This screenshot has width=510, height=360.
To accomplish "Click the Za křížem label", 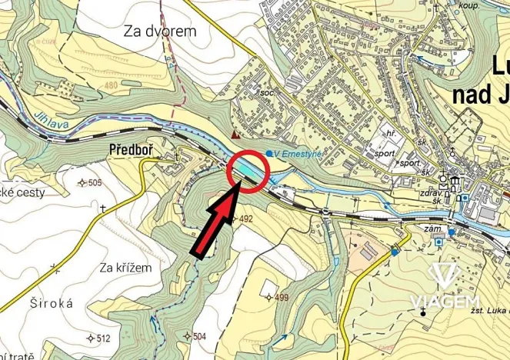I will coord(125,267).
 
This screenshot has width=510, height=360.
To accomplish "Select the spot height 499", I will coord(281,298).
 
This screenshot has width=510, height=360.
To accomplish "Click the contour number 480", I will coord(114,85).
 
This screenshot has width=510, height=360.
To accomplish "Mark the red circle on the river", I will coord(247,170).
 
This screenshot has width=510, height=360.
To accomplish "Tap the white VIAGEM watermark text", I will coord(445,301).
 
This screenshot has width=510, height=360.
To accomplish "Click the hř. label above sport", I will coord(391,133).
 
